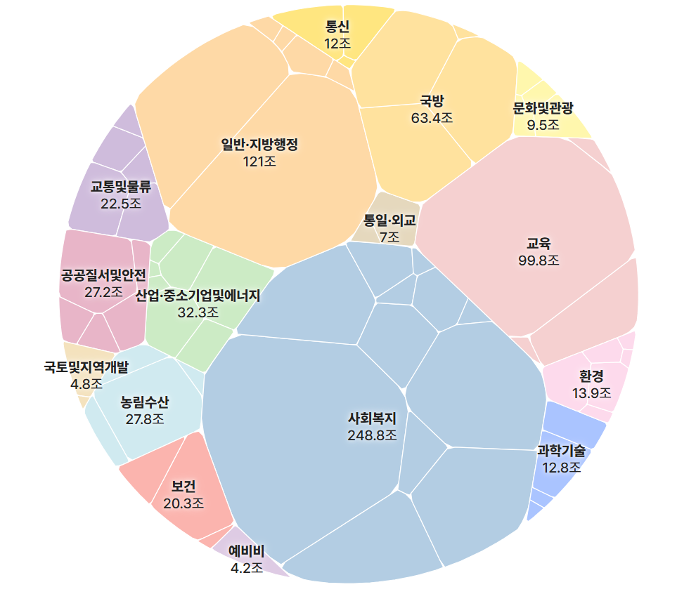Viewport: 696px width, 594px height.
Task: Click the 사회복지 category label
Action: click(x=372, y=418)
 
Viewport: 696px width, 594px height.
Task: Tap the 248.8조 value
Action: click(x=372, y=435)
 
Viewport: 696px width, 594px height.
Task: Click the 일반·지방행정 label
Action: click(x=260, y=145)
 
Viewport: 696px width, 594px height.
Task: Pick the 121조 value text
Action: click(x=260, y=161)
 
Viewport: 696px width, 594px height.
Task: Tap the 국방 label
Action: click(x=432, y=100)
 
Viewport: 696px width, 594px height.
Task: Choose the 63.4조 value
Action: click(x=432, y=117)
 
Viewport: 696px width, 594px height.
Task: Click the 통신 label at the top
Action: click(x=337, y=27)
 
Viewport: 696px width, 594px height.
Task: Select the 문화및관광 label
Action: click(x=543, y=108)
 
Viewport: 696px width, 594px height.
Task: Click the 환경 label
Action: click(x=591, y=376)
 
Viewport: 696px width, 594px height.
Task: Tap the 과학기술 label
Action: click(x=561, y=450)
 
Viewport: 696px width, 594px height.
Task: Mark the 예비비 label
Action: click(x=247, y=550)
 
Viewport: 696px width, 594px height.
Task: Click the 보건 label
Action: click(x=183, y=486)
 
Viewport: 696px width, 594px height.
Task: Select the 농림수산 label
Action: click(x=144, y=402)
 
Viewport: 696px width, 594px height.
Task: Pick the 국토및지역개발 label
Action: click(x=86, y=367)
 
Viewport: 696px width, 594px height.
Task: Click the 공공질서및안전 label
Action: click(x=103, y=274)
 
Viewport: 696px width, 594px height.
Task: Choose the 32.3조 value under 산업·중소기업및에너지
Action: click(x=198, y=312)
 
